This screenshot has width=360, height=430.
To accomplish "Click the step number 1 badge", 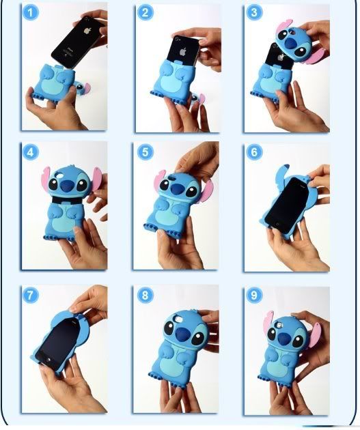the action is pos(31,12).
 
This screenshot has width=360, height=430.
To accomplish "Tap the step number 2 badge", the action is pos(145,12).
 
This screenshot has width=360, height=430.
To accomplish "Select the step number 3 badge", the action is pos(254,12).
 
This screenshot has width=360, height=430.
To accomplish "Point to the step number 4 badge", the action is pos(31,152).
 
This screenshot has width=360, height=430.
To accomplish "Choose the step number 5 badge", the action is pos(145,152).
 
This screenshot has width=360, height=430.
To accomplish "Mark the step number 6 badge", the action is pos(254,152).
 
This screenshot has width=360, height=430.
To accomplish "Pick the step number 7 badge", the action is pos(31,296).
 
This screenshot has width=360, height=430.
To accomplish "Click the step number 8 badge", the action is pos(145,296).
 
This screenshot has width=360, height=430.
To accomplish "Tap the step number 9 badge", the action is pos(254,296).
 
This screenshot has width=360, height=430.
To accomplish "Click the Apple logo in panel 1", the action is pos(88,30).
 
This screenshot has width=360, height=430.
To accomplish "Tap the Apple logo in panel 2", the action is pos(183,52).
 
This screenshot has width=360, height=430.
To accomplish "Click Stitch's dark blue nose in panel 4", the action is pos(66,186).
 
